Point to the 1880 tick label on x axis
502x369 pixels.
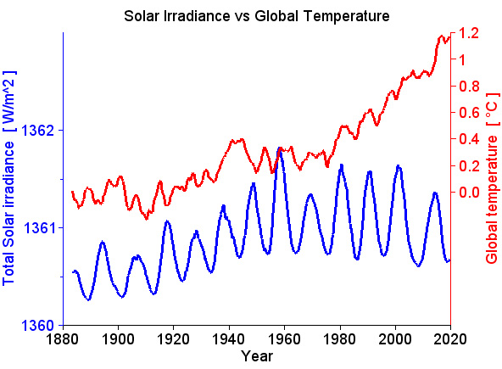(x=63, y=339)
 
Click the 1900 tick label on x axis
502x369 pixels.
(x=118, y=339)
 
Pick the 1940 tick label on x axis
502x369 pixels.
(x=229, y=339)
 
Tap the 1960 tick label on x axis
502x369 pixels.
(x=284, y=339)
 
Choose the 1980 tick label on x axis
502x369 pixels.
(x=339, y=339)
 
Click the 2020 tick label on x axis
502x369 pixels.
(x=450, y=339)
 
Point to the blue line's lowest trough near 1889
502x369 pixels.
(x=88, y=299)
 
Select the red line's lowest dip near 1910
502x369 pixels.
(x=146, y=219)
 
